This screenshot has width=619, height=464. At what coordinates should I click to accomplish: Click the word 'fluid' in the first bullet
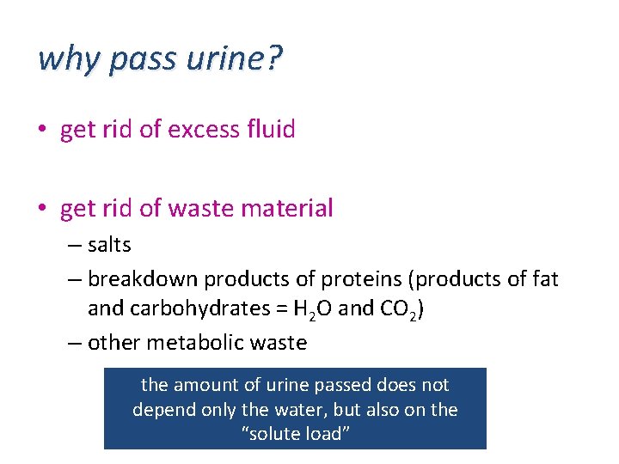click(x=271, y=130)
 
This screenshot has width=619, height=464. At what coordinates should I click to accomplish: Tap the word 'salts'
click(x=109, y=245)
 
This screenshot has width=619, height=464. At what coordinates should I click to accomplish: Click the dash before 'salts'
click(x=75, y=246)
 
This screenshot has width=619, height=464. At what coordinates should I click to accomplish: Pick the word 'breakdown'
click(x=134, y=279)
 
